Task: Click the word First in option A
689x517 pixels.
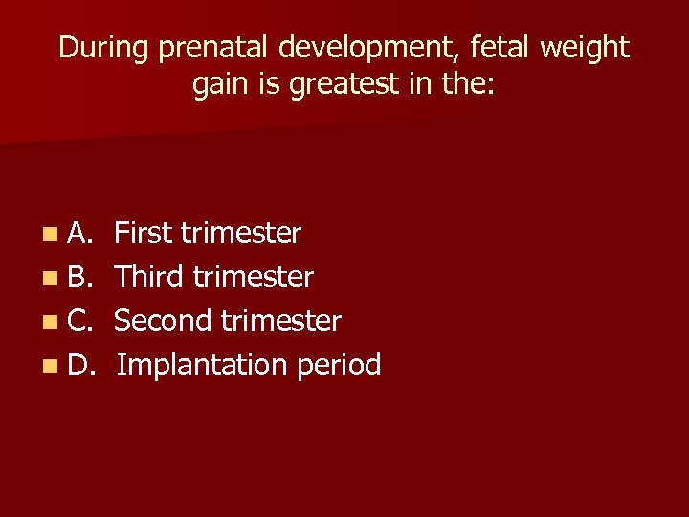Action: point(143,234)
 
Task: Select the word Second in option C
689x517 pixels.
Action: point(162,322)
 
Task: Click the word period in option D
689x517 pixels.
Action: point(339,366)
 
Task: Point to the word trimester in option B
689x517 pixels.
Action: point(253,278)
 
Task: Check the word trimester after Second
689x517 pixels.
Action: point(279,322)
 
